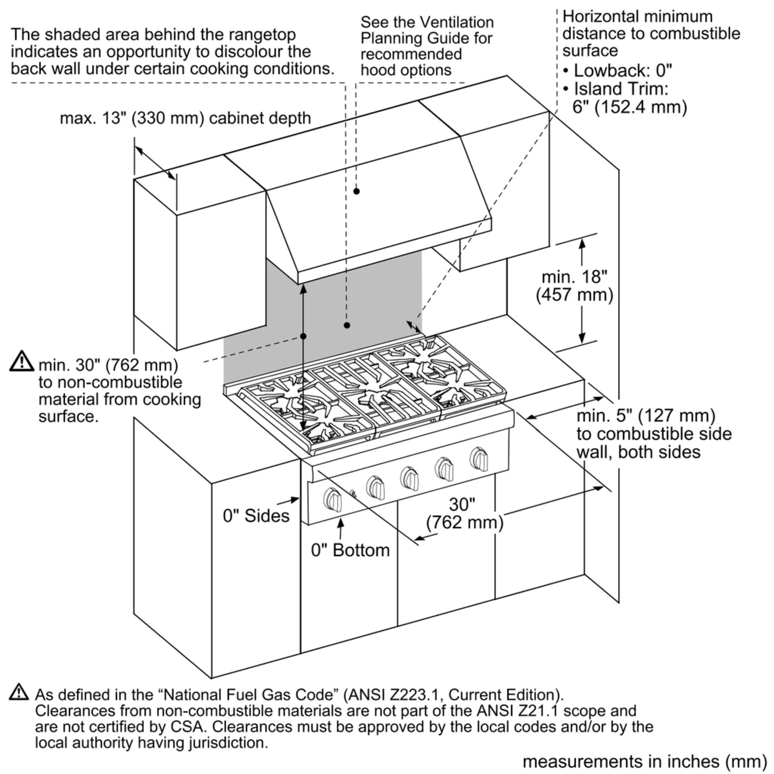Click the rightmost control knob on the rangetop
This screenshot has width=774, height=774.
(479, 459)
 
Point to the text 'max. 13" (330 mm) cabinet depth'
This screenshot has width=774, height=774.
(185, 118)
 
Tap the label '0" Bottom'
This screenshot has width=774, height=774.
(350, 550)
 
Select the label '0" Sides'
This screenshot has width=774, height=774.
(256, 515)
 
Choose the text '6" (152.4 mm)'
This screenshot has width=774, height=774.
(629, 107)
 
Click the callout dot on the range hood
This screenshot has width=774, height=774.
(356, 191)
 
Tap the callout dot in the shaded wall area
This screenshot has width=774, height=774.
(347, 325)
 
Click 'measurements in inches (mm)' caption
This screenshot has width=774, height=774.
(645, 761)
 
